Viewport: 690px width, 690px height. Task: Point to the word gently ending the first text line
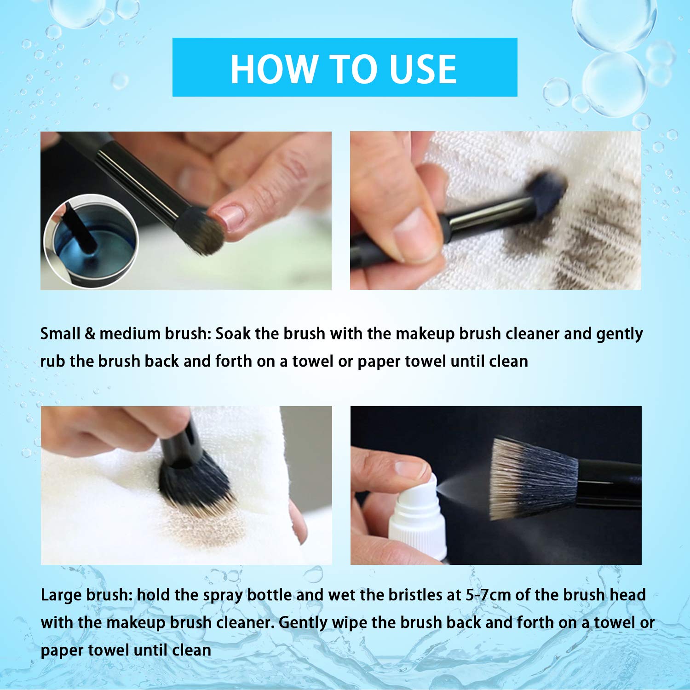[x=619, y=334]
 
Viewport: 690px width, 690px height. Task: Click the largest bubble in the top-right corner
[x=614, y=85]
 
